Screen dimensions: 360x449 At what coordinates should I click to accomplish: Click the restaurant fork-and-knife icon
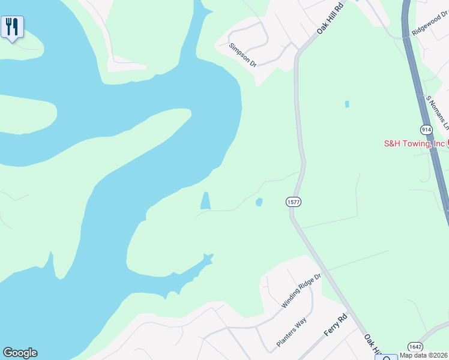point(12,27)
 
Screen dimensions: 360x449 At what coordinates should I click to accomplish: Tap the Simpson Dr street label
point(243,55)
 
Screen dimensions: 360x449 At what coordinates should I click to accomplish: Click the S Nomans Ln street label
point(437,112)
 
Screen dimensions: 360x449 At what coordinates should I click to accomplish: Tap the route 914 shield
point(426,130)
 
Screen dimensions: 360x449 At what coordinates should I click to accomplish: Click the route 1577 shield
point(293,202)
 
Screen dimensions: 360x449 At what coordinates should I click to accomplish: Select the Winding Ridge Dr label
point(302,291)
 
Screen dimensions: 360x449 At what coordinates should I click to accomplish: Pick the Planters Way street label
point(292,332)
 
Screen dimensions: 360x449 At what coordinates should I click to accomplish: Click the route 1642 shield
point(415,347)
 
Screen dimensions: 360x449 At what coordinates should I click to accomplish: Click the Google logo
point(20,353)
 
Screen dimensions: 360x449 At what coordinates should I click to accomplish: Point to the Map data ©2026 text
point(424,355)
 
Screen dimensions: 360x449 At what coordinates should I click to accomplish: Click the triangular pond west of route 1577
point(205,202)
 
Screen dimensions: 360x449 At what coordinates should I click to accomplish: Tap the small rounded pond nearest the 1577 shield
point(259,202)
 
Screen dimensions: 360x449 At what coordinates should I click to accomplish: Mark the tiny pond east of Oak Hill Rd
point(347,104)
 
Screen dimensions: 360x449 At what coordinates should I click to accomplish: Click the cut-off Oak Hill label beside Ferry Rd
point(372,344)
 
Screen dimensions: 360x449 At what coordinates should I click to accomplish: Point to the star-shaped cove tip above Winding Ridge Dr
point(208,259)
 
